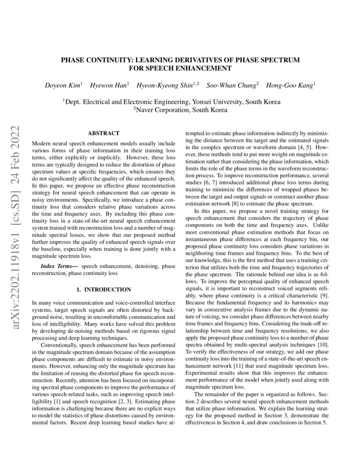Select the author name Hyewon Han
click(110, 85)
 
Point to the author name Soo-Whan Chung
click(232, 85)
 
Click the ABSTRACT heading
click(103, 133)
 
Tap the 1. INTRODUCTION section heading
click(103, 289)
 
